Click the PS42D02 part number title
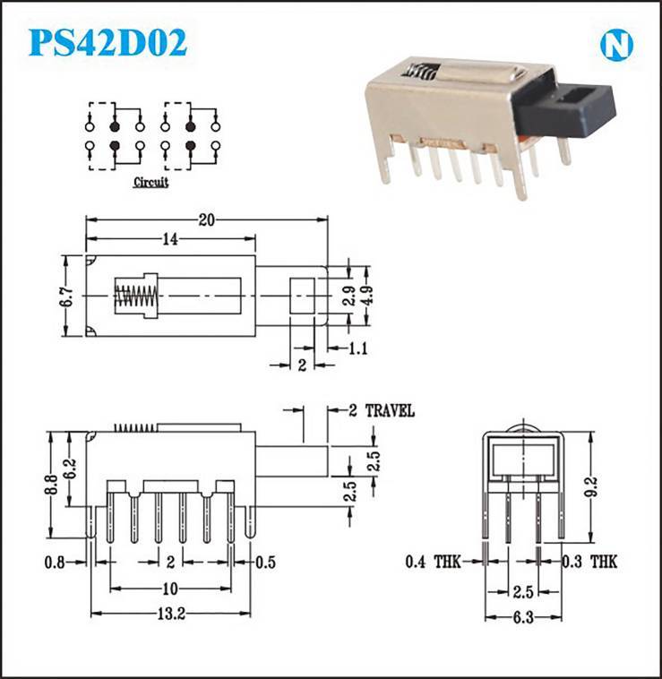(x=107, y=42)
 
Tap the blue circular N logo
(x=616, y=45)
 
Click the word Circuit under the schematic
(x=150, y=183)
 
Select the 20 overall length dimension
(x=207, y=220)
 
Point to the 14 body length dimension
(x=170, y=239)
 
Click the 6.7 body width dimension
(x=66, y=296)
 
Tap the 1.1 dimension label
(x=358, y=348)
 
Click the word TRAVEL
(x=390, y=410)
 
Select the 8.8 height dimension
(x=52, y=485)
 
